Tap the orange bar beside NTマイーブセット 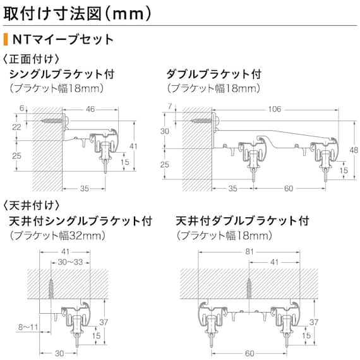[x=6, y=40]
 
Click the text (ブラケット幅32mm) [x=57, y=236]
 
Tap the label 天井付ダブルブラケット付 [x=243, y=222]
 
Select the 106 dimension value [x=273, y=109]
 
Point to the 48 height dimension [x=353, y=150]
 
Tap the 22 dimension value [x=17, y=127]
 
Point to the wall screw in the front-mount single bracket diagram [x=50, y=119]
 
